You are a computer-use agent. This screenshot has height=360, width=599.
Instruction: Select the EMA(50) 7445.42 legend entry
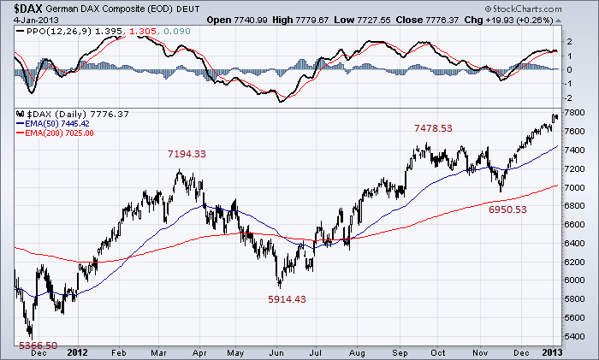pos(59,123)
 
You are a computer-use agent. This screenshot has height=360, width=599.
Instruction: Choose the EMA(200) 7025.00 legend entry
pos(61,133)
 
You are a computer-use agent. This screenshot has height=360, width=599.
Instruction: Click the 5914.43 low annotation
pos(286,299)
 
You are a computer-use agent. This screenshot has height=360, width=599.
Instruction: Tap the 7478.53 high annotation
pos(433,127)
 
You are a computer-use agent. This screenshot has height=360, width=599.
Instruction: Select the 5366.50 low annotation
pos(38,345)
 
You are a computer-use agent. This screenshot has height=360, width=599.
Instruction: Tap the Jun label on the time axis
pos(276,351)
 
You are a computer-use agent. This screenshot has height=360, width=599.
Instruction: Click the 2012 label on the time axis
pos(78,351)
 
